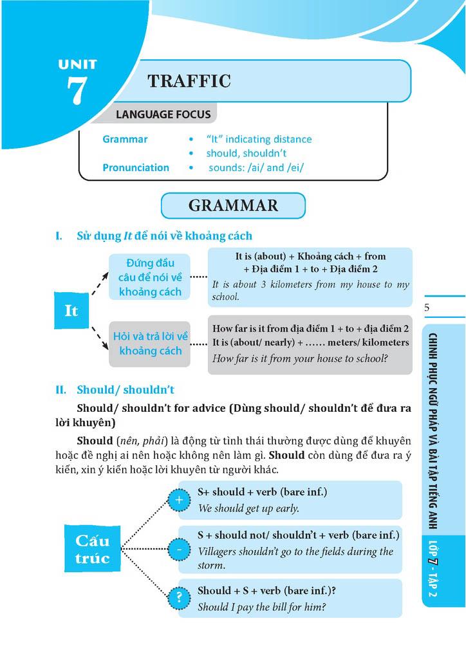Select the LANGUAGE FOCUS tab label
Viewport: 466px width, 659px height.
tap(163, 115)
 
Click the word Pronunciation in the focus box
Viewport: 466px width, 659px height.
tap(136, 167)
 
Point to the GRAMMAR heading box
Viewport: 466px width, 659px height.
tap(233, 205)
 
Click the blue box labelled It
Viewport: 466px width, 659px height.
tap(71, 310)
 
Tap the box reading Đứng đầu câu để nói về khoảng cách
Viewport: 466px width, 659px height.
tap(150, 277)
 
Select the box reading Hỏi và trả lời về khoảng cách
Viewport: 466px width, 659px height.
tap(150, 344)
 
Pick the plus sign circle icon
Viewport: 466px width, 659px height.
tap(179, 499)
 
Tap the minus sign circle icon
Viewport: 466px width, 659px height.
tap(179, 550)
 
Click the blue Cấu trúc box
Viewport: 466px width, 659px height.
tap(92, 548)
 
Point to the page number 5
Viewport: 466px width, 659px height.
tap(427, 308)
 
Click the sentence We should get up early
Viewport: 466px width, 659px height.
tap(248, 508)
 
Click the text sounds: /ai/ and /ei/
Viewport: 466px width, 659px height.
tap(256, 167)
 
